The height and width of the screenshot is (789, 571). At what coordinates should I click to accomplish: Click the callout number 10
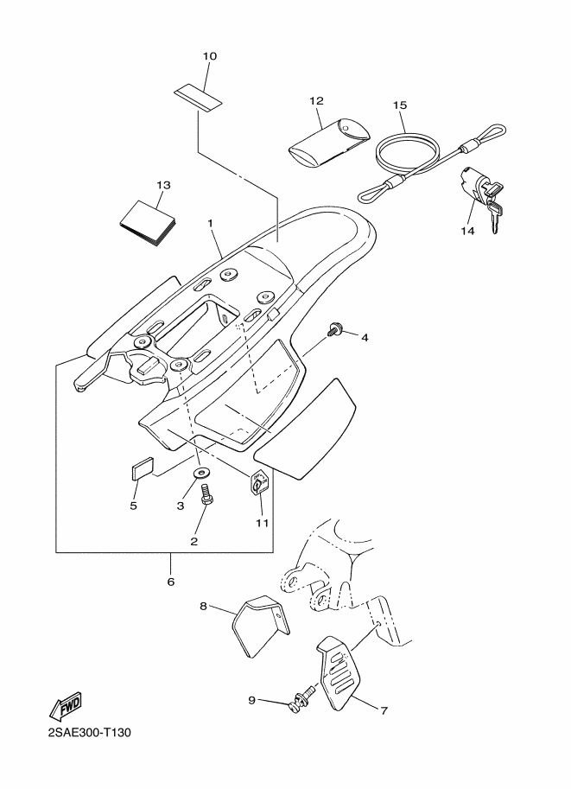(x=210, y=56)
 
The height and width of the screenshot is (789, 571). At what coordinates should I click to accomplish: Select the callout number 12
(x=315, y=101)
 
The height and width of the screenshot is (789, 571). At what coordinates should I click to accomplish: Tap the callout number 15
(x=399, y=105)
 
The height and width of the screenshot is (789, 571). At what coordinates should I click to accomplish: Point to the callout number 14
(x=468, y=231)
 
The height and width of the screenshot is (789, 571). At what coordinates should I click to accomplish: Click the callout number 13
(x=164, y=185)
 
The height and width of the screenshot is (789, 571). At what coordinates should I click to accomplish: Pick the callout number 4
(x=365, y=337)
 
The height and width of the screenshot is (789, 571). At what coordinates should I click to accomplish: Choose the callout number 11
(x=262, y=523)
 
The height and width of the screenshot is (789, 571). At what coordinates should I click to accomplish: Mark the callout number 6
(x=171, y=582)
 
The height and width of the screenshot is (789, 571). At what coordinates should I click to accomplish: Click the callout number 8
(x=204, y=607)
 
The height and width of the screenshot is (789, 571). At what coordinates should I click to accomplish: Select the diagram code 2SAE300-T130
(x=83, y=746)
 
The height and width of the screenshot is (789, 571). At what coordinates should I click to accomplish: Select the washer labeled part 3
(x=201, y=474)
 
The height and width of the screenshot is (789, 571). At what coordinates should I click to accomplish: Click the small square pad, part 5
(x=142, y=468)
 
